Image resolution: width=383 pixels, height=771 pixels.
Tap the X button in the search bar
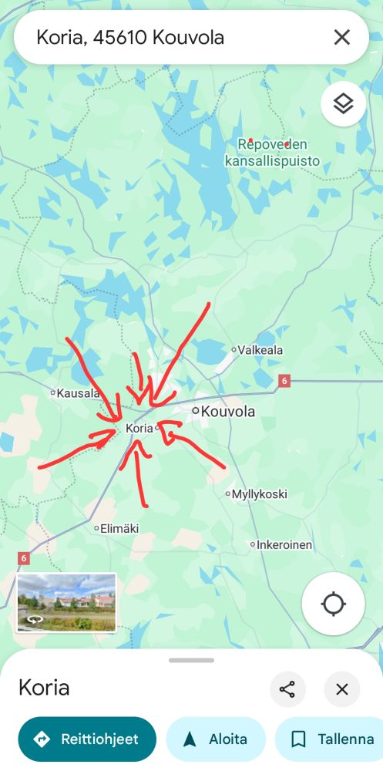[x=341, y=37]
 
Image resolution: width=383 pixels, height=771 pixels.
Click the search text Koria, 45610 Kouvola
[x=130, y=37]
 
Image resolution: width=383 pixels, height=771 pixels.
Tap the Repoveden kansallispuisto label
[x=272, y=153]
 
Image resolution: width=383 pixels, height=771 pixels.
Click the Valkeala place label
[x=260, y=350]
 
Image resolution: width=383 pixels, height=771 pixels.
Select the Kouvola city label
[x=227, y=412]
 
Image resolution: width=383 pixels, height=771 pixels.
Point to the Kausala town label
[x=78, y=393]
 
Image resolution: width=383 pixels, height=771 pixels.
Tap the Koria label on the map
[x=139, y=428]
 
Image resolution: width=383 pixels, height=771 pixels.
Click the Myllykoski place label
[x=259, y=493]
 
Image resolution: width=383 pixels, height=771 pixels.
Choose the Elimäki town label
[x=119, y=529]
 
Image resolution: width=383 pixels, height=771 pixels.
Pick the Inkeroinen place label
[x=284, y=545]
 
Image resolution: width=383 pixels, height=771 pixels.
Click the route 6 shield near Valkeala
[x=284, y=381]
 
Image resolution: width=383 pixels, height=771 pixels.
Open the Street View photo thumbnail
[x=66, y=602]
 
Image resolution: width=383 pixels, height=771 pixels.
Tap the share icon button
[x=287, y=689]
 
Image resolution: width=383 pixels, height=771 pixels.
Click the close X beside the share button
[x=342, y=689]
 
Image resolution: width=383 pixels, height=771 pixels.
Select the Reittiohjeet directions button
[x=87, y=739]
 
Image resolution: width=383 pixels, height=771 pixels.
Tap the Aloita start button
[x=216, y=739]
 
